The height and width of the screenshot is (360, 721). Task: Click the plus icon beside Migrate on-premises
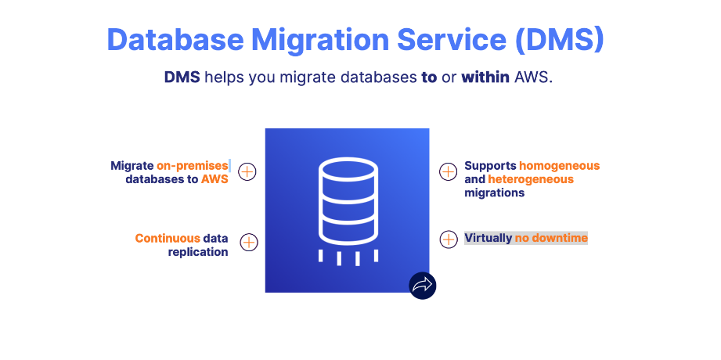coord(247,171)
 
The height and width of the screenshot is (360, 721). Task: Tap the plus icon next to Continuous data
coord(248,243)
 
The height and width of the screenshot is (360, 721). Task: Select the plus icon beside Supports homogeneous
coord(448,171)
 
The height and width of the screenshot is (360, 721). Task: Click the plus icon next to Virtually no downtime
coord(448,239)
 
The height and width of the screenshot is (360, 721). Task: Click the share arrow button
coord(422,285)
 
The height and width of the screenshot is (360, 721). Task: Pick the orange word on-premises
coord(192,166)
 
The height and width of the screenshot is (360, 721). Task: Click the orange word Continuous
coord(167,238)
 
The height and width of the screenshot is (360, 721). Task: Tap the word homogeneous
coord(560,166)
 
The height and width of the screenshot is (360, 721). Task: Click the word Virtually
coord(488,238)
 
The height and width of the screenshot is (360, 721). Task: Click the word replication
coord(198,251)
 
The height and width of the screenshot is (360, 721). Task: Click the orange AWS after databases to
coord(214,179)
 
